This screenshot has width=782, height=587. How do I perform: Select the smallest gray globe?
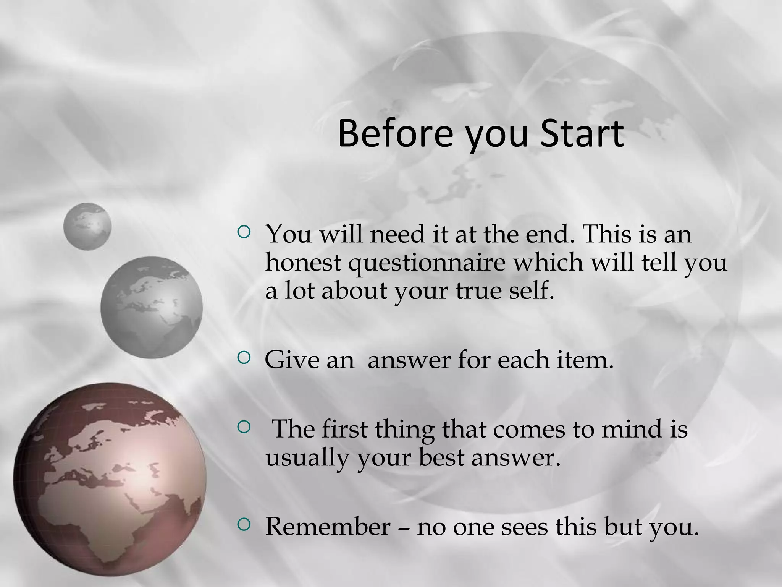[87, 226]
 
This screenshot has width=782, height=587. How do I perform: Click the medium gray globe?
[151, 307]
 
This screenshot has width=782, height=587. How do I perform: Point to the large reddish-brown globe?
[110, 479]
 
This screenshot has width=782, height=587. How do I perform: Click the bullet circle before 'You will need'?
[243, 232]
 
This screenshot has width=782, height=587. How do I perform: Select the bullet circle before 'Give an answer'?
[243, 358]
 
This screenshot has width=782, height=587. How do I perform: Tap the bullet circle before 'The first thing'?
[243, 427]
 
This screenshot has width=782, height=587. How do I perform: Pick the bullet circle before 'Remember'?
[243, 524]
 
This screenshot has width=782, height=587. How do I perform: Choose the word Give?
[292, 360]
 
